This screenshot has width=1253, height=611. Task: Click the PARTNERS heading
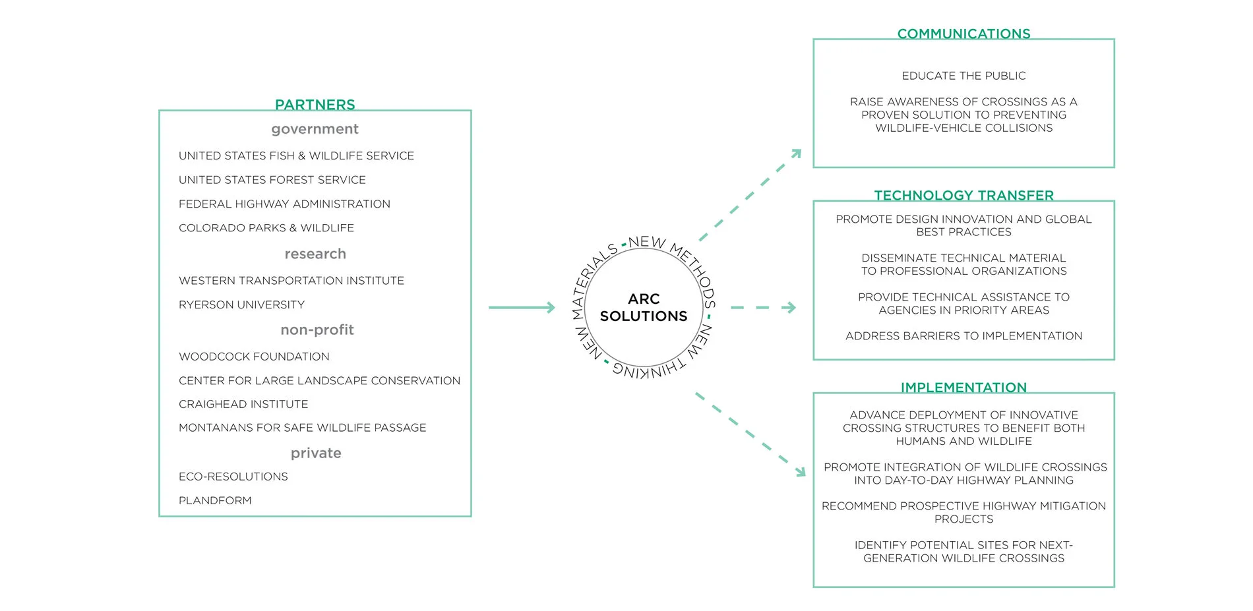click(x=315, y=105)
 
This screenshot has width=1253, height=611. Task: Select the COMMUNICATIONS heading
click(x=963, y=34)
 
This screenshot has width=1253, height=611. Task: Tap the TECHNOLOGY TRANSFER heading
click(x=963, y=195)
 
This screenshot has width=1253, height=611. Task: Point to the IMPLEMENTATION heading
click(x=963, y=388)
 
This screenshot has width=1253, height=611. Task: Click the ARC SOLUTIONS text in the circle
click(x=644, y=308)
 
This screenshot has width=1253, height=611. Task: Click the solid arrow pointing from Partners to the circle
click(x=522, y=307)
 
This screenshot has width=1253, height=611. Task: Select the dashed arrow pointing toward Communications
click(x=750, y=195)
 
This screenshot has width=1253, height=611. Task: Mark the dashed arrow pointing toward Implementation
click(x=750, y=434)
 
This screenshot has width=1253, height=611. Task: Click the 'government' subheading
click(x=315, y=129)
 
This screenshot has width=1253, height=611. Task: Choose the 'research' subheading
click(x=315, y=254)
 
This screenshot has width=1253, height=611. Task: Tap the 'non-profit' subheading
click(x=317, y=330)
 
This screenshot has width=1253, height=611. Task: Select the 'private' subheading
click(x=316, y=453)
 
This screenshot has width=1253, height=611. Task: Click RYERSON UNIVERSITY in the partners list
click(x=241, y=305)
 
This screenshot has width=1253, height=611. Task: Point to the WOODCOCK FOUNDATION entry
click(x=254, y=357)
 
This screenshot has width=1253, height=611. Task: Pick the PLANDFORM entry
click(x=215, y=500)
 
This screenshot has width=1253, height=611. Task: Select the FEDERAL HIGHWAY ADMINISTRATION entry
click(x=284, y=204)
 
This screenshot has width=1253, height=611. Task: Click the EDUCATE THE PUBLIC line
click(x=963, y=76)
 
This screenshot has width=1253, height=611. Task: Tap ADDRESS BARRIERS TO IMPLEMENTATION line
click(x=963, y=336)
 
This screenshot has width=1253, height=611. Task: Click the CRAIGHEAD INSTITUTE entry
click(x=243, y=404)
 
